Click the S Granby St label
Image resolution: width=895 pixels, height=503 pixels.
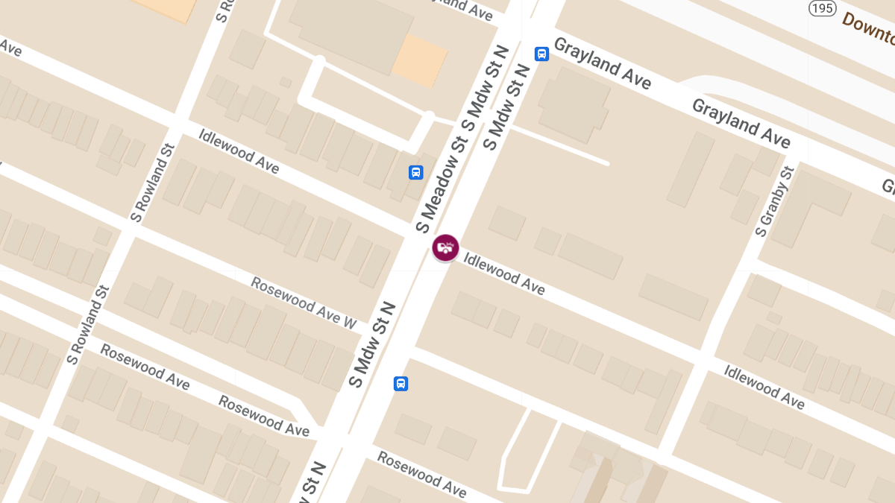pos(773,201)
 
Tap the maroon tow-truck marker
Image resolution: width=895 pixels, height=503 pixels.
pos(445,247)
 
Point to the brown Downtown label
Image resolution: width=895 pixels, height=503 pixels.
pos(869,28)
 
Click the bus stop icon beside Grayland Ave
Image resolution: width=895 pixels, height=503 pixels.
pos(541,54)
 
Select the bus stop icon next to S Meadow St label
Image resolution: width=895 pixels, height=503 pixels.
pos(415,173)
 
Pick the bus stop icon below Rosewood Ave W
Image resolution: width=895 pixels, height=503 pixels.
pos(401,384)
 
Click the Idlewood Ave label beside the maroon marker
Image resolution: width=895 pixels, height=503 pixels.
pos(504,273)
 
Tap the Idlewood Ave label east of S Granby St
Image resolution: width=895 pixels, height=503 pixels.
pos(764,387)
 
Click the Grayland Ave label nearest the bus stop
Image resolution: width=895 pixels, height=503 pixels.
pos(603,63)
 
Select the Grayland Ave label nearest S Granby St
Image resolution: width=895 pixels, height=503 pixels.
pos(741,123)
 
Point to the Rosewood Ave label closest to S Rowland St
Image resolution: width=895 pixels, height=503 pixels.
pos(145,367)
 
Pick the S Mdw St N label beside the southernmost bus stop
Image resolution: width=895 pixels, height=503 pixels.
pos(371,344)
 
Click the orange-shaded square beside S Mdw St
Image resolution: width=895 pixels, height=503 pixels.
pos(419,60)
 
